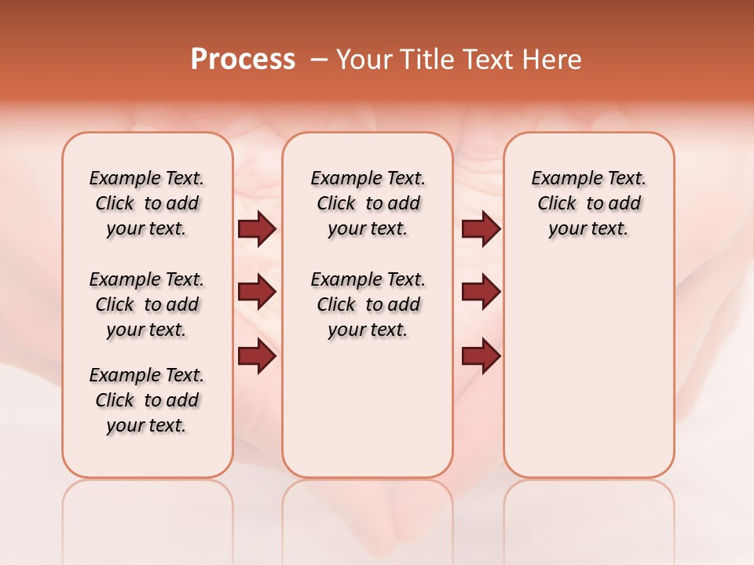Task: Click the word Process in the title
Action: pos(243,60)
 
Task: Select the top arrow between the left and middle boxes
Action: pos(257,229)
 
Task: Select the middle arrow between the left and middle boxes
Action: pos(257,293)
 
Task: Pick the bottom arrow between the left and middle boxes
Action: pos(257,355)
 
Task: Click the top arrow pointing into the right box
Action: pos(481,229)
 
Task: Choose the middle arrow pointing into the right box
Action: pos(481,293)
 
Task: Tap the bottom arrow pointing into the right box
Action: pos(481,355)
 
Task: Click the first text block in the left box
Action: pos(147,203)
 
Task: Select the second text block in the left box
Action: pos(147,304)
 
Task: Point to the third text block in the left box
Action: pos(147,400)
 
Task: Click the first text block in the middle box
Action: pos(368,203)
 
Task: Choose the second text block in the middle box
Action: pos(368,304)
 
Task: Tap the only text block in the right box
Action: pos(588,203)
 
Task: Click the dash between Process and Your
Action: pos(319,60)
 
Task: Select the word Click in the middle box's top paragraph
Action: pos(336,204)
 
